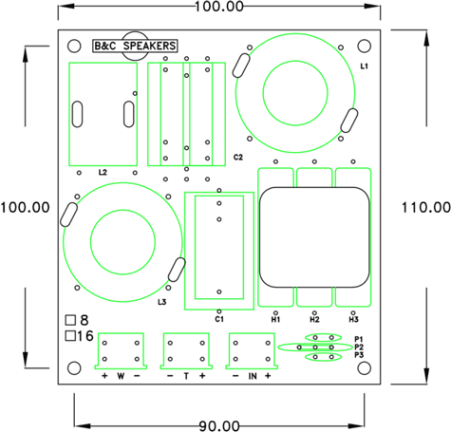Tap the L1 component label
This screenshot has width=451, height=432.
coord(364,66)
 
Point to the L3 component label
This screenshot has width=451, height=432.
coord(162,302)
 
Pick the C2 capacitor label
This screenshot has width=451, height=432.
coord(238,156)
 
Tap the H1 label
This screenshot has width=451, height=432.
coord(275,320)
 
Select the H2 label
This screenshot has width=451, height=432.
coord(314,320)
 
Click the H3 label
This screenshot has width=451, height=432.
coord(353,320)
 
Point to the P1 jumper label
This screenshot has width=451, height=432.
coord(359,338)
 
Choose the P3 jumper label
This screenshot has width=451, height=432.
coord(359,355)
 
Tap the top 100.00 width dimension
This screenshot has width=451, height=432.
coord(217,7)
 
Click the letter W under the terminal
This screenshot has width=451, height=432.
coord(121,377)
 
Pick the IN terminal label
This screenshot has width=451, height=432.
coord(252,377)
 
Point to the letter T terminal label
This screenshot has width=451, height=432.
coord(186,377)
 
